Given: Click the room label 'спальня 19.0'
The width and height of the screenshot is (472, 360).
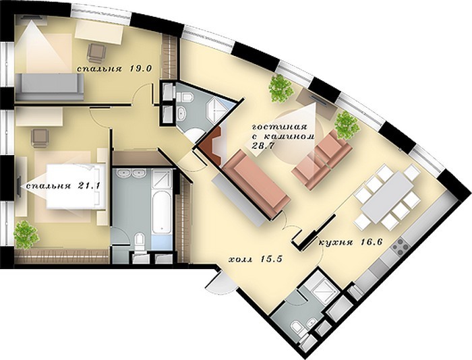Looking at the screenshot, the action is click(113, 69).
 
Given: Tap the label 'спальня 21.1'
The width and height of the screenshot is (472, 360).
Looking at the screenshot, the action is click(63, 186).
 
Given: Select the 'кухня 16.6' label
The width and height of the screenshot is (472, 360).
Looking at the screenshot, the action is click(351, 243).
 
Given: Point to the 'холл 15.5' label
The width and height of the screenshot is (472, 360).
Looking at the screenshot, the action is click(256, 259).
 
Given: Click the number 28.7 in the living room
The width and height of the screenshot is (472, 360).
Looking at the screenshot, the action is click(262, 146).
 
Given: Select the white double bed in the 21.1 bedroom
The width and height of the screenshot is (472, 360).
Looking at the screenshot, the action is click(76, 186).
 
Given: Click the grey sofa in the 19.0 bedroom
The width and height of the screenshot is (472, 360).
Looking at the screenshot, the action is click(50, 87).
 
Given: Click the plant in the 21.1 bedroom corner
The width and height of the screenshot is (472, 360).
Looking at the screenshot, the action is click(26, 235).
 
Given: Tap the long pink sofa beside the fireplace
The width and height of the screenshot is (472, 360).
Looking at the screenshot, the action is click(256, 183).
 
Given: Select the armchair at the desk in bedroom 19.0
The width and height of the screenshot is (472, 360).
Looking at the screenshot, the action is click(96, 53).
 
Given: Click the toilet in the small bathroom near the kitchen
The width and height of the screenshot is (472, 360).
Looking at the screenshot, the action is click(298, 329).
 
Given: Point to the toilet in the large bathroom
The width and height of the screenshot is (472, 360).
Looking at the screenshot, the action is click(140, 241).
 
